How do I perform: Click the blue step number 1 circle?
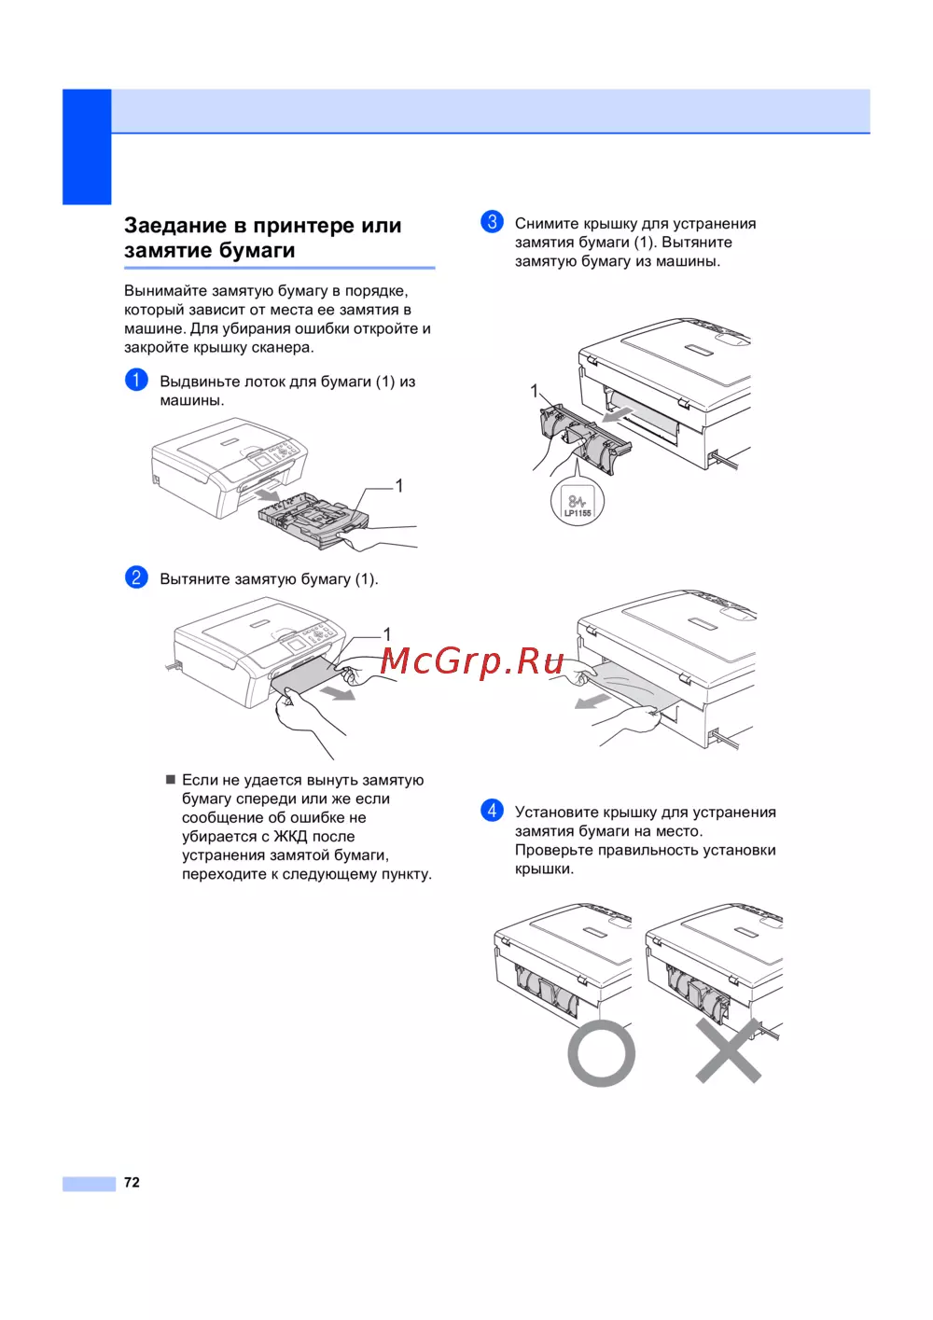click(x=136, y=380)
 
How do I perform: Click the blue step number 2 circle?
click(x=136, y=577)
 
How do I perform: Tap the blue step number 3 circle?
click(x=492, y=222)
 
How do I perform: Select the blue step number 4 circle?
click(x=492, y=811)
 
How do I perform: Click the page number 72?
click(x=132, y=1182)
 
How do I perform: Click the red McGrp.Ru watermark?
click(x=471, y=661)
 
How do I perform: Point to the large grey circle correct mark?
click(x=601, y=1053)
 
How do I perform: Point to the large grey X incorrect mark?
click(x=729, y=1050)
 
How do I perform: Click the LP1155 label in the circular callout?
click(x=578, y=513)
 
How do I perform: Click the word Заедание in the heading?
click(x=175, y=225)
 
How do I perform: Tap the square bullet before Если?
click(x=171, y=780)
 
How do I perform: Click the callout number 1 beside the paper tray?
click(x=399, y=486)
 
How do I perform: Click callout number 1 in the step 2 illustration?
click(x=386, y=634)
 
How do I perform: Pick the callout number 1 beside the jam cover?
click(x=534, y=391)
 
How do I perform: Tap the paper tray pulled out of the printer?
click(x=313, y=520)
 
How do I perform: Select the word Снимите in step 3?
click(x=547, y=223)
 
